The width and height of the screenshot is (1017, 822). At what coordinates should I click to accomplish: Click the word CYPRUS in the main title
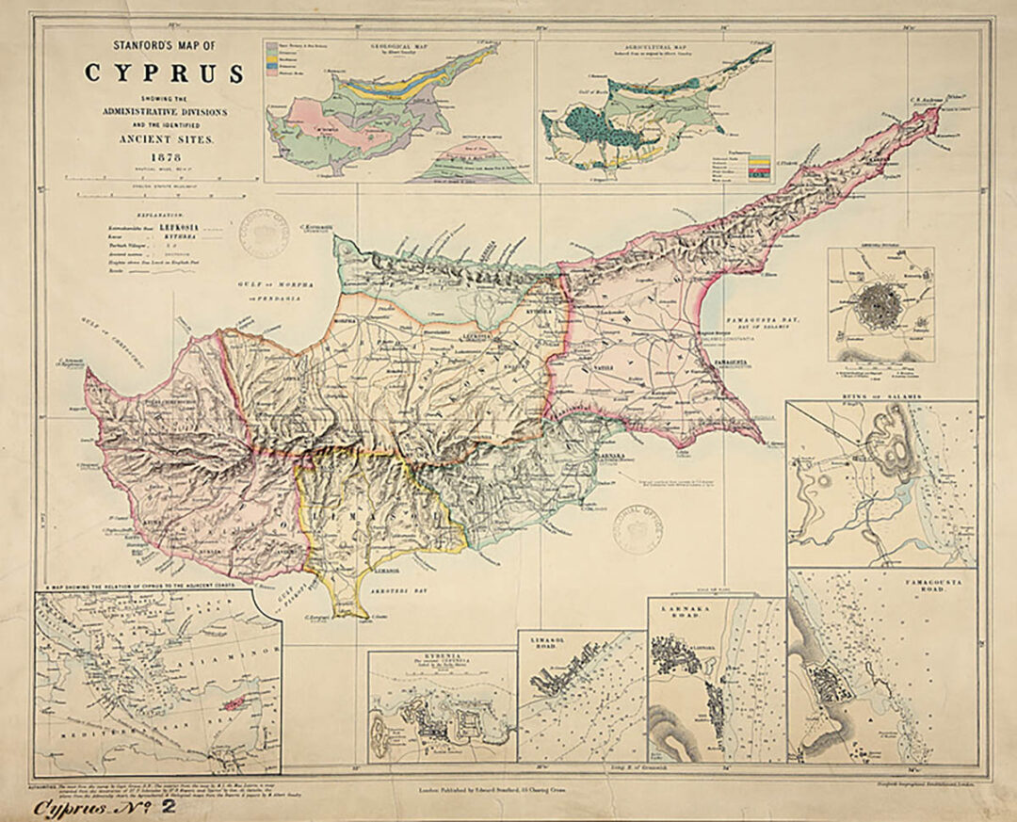coord(165,73)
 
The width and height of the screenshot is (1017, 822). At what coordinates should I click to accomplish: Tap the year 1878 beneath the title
coord(165,155)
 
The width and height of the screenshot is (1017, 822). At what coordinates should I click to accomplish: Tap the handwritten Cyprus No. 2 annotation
coord(105,807)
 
